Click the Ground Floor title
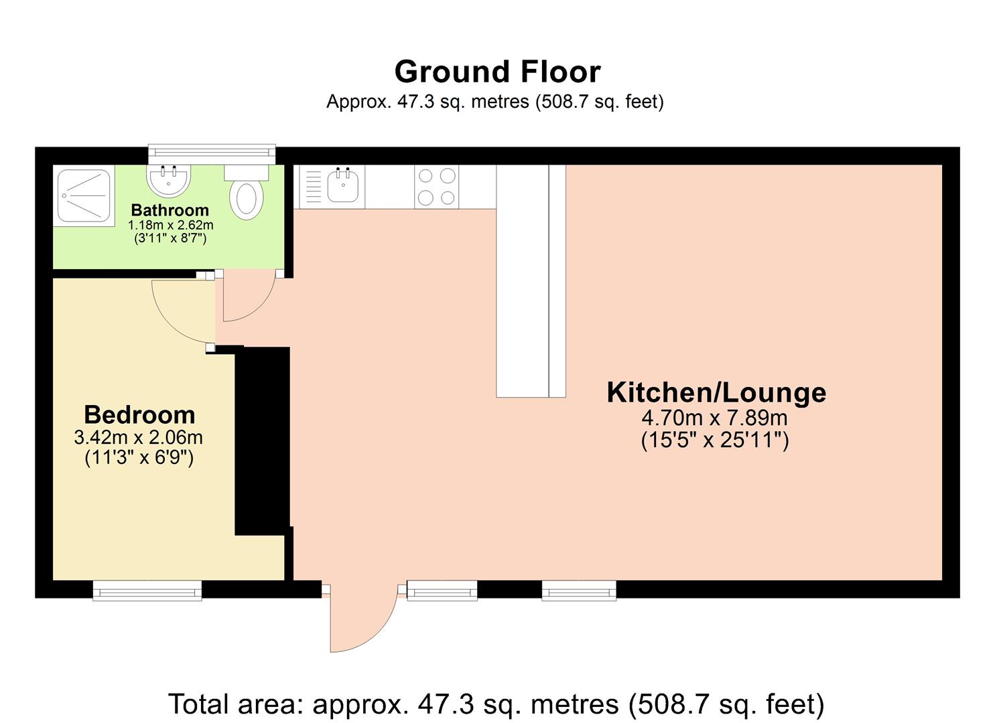497,72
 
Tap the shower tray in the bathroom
84,195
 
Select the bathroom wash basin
169,179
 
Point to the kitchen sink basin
343,185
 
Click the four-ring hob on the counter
436,187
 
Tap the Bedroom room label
139,414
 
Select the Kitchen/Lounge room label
716,392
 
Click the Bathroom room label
170,210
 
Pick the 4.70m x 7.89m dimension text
714,418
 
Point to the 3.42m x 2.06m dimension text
138,438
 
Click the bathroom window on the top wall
212,153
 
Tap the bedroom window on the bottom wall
147,590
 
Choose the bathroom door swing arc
248,298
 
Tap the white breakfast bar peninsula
523,281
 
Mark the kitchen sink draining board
312,187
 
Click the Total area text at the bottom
496,704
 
